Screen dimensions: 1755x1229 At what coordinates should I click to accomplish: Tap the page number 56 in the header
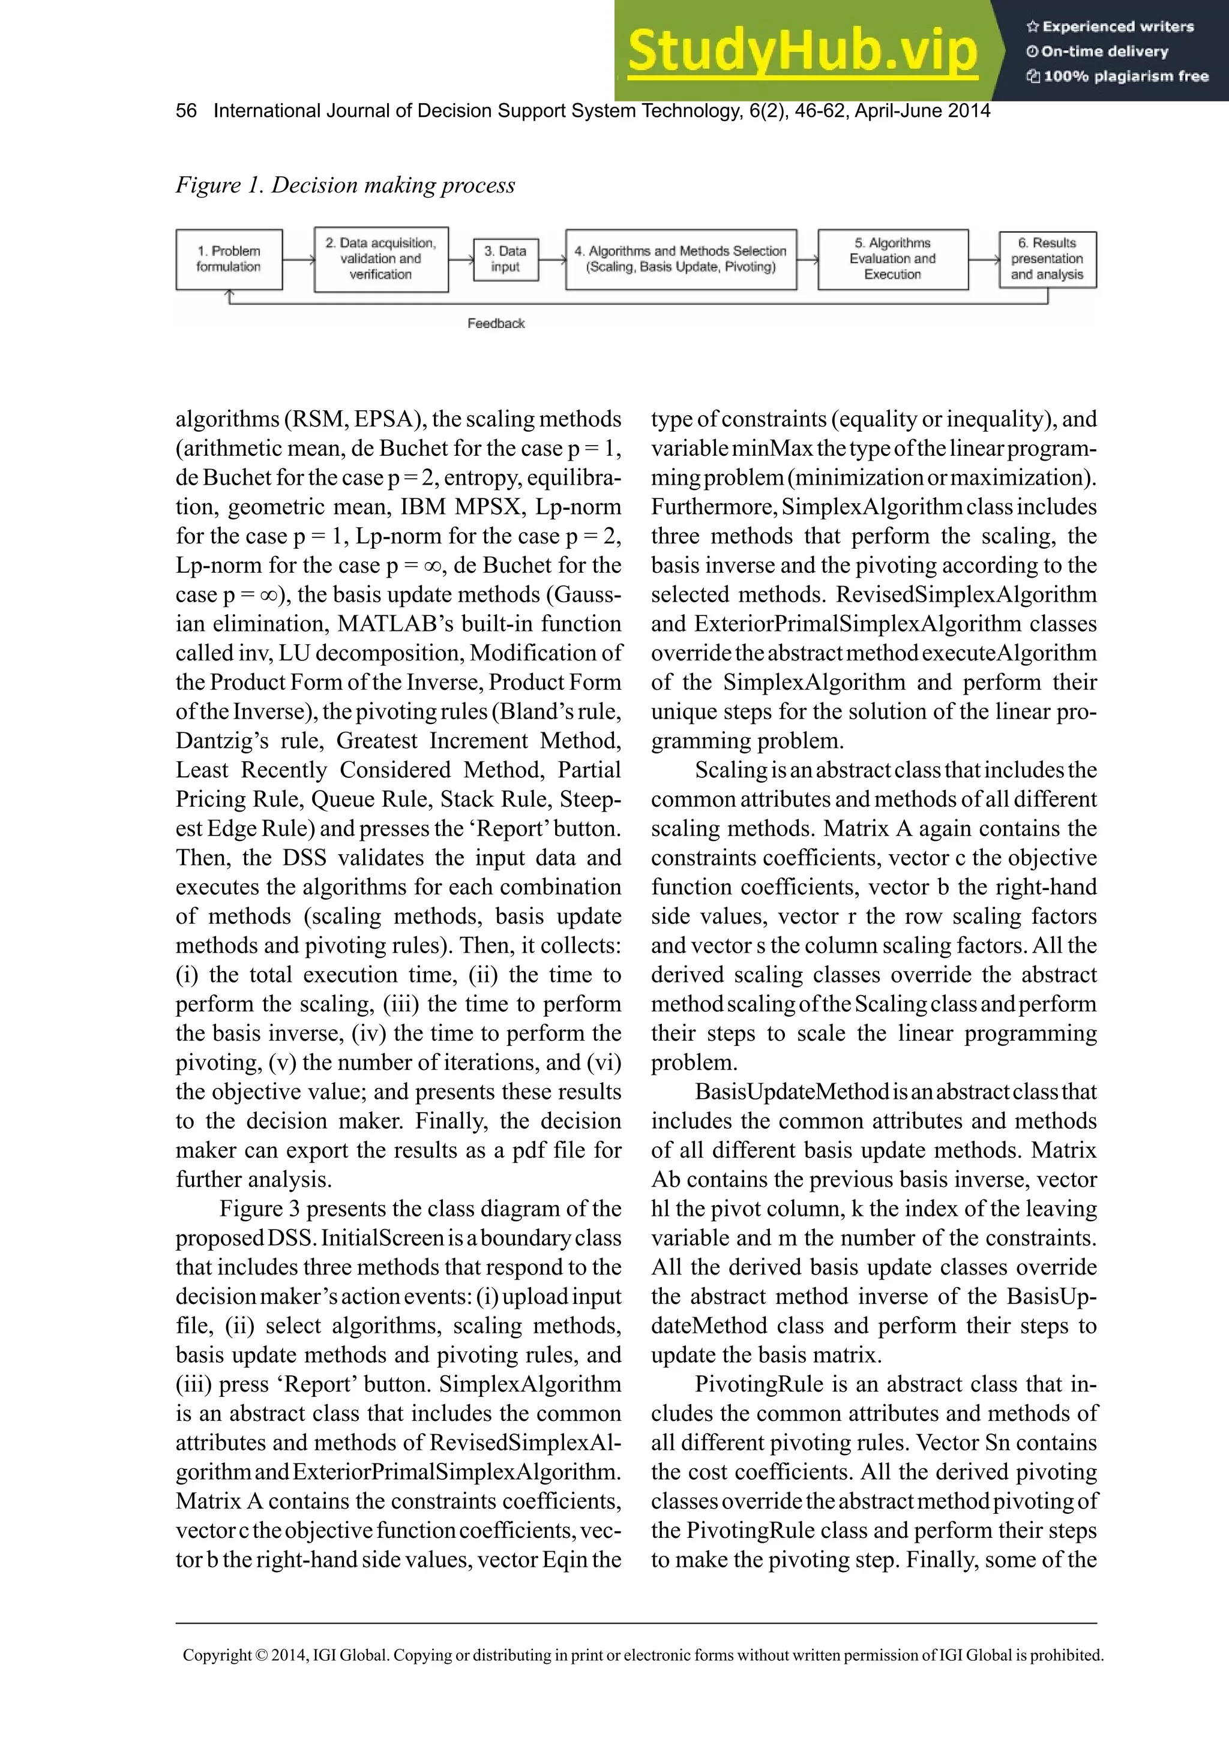tap(186, 111)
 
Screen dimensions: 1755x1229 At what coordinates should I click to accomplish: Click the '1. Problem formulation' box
tap(229, 259)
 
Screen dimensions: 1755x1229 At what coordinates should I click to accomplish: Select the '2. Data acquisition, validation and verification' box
tap(381, 259)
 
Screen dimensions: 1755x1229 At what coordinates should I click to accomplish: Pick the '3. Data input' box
tap(505, 259)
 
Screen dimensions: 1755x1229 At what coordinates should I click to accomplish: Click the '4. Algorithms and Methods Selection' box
tap(681, 259)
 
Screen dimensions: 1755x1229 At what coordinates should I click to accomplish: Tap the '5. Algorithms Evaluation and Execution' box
tap(892, 259)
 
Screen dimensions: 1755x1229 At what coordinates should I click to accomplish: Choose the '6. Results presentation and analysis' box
tap(1047, 259)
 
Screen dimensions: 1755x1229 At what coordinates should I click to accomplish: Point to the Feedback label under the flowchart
tap(496, 323)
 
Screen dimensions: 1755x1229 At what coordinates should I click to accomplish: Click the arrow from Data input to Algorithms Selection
tap(551, 260)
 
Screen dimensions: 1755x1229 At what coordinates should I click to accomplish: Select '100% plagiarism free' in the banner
tap(1125, 76)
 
